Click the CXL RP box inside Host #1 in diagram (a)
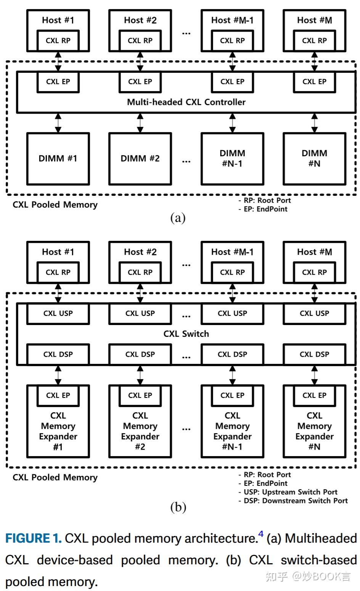[x=58, y=40]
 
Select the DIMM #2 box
[x=140, y=159]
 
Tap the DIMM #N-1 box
[x=232, y=159]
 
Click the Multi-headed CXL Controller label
[x=186, y=102]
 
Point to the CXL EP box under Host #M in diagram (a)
[x=314, y=82]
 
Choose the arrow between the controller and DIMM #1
[x=58, y=123]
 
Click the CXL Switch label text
[x=186, y=334]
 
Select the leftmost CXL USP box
[x=58, y=313]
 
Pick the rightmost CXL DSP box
[x=314, y=354]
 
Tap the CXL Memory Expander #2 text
[x=140, y=431]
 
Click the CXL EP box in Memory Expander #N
[x=314, y=396]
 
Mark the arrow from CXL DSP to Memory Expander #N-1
[x=232, y=375]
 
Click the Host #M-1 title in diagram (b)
[x=232, y=252]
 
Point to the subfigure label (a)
[x=178, y=218]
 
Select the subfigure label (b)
[x=178, y=507]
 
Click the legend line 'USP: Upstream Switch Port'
[x=290, y=492]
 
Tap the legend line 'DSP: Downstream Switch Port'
[x=295, y=501]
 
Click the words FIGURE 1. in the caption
[x=34, y=538]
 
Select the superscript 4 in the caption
[x=261, y=534]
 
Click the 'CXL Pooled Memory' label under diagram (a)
[x=55, y=205]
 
